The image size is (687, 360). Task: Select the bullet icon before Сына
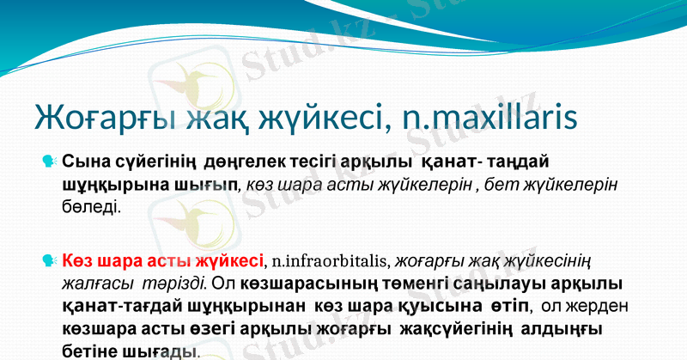click(49, 161)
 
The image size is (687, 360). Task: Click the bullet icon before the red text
click(49, 260)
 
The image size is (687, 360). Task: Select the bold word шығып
click(203, 185)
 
